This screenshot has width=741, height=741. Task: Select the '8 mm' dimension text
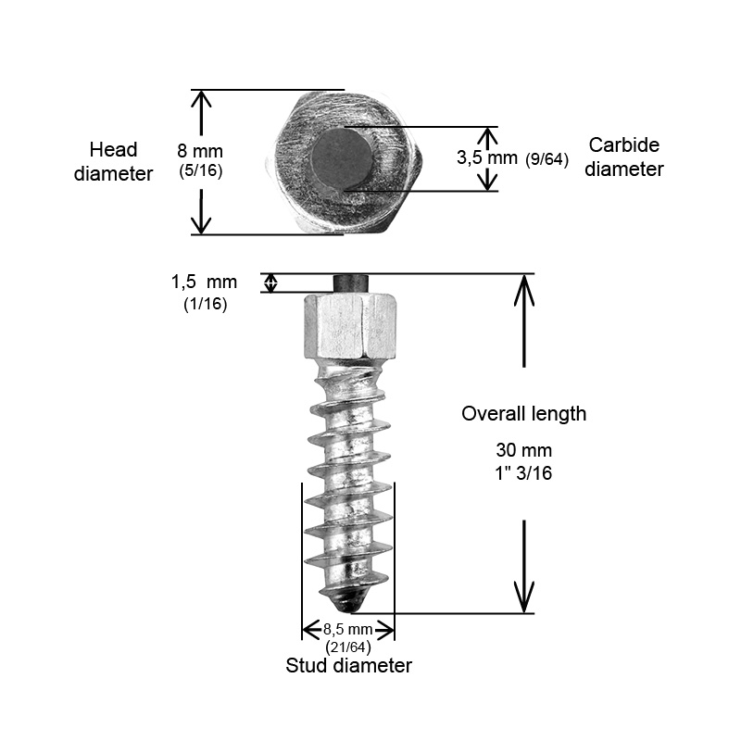click(x=201, y=150)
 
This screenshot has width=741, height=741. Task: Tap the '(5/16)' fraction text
click(x=201, y=170)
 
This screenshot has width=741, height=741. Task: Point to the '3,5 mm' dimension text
click(x=487, y=157)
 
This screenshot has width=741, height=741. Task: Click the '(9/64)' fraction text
click(x=546, y=158)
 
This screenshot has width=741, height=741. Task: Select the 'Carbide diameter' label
click(x=625, y=157)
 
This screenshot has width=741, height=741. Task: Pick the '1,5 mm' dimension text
click(x=203, y=282)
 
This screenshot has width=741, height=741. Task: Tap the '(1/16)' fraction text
click(x=206, y=303)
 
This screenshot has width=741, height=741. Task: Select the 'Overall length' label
click(x=524, y=414)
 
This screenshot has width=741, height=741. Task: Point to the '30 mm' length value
click(x=524, y=451)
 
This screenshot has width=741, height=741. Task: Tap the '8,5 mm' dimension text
click(x=348, y=630)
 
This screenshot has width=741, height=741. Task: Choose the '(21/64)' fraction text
click(x=348, y=647)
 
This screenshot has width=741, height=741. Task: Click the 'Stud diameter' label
click(x=348, y=666)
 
